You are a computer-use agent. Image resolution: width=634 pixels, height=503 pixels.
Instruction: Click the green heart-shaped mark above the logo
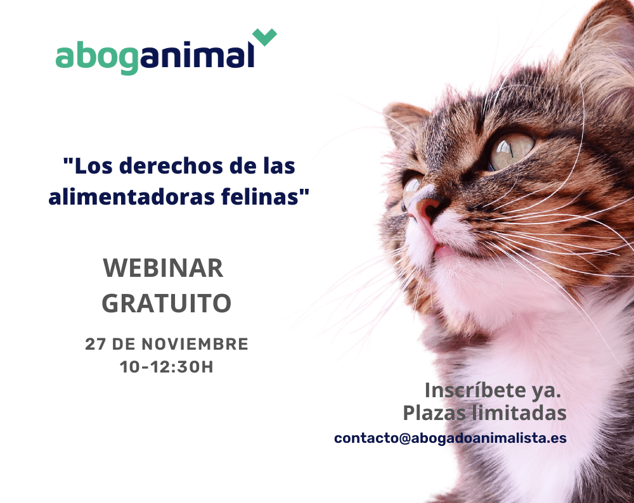pyautogui.click(x=264, y=36)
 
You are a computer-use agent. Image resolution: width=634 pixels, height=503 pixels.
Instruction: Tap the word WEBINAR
pyautogui.click(x=163, y=268)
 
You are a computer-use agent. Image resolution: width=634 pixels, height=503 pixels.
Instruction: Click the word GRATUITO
pyautogui.click(x=166, y=303)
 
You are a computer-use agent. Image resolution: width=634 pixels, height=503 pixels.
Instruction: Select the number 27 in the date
pyautogui.click(x=96, y=344)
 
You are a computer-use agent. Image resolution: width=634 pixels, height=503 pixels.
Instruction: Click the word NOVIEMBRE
pyautogui.click(x=195, y=344)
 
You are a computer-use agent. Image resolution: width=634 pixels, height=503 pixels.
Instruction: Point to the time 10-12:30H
pyautogui.click(x=167, y=367)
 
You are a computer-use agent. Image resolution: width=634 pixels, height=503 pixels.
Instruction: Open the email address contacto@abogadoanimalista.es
pyautogui.click(x=450, y=438)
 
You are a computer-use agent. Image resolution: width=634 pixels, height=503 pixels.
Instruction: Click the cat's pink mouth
pyautogui.click(x=443, y=250)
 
